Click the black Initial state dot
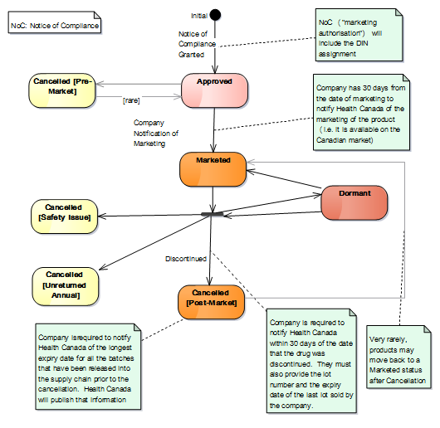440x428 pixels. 215,15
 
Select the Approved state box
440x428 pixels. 215,90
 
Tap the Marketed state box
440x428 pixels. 213,169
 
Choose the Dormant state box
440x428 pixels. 354,202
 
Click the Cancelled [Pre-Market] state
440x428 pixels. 62,90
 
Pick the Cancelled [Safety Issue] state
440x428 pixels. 64,216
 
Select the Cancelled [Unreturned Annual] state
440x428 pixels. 66,286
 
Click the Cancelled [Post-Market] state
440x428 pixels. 212,302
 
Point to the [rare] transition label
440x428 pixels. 131,100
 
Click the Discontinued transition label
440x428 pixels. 186,259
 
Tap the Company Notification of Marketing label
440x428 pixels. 156,134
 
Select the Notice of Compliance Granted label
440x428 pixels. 197,44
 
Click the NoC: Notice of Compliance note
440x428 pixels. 55,22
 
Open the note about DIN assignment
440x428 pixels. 359,35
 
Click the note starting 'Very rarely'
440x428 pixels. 398,357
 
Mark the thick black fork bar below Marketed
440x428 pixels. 213,215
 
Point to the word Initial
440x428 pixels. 199,16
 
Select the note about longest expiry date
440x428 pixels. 88,367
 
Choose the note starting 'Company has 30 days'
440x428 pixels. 361,112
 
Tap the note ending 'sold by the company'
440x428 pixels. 311,361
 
